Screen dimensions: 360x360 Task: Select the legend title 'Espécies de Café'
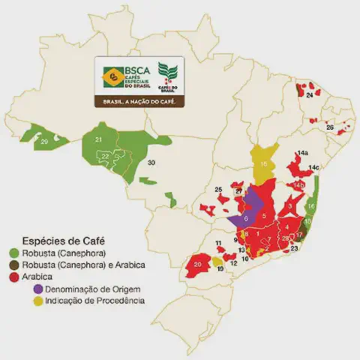[x=60, y=241]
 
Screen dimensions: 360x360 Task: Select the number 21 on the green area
[x=98, y=139]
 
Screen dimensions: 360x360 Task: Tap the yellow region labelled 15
[x=263, y=164]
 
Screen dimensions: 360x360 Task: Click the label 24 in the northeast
[x=309, y=95]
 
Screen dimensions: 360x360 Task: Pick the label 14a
[x=302, y=153]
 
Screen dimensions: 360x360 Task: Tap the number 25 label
[x=218, y=190]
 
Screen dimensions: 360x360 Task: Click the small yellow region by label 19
[x=217, y=262]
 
